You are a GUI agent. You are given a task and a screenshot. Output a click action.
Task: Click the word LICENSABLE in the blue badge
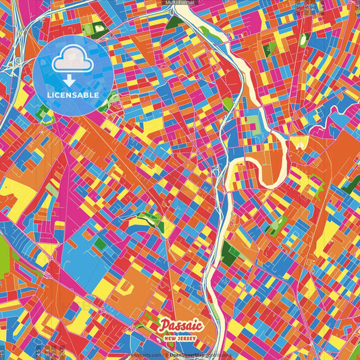pyautogui.click(x=73, y=95)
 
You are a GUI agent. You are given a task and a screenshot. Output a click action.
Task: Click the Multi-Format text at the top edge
pyautogui.click(x=180, y=3)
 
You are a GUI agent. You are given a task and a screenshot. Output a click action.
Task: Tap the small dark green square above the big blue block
pyautogui.click(x=99, y=243)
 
